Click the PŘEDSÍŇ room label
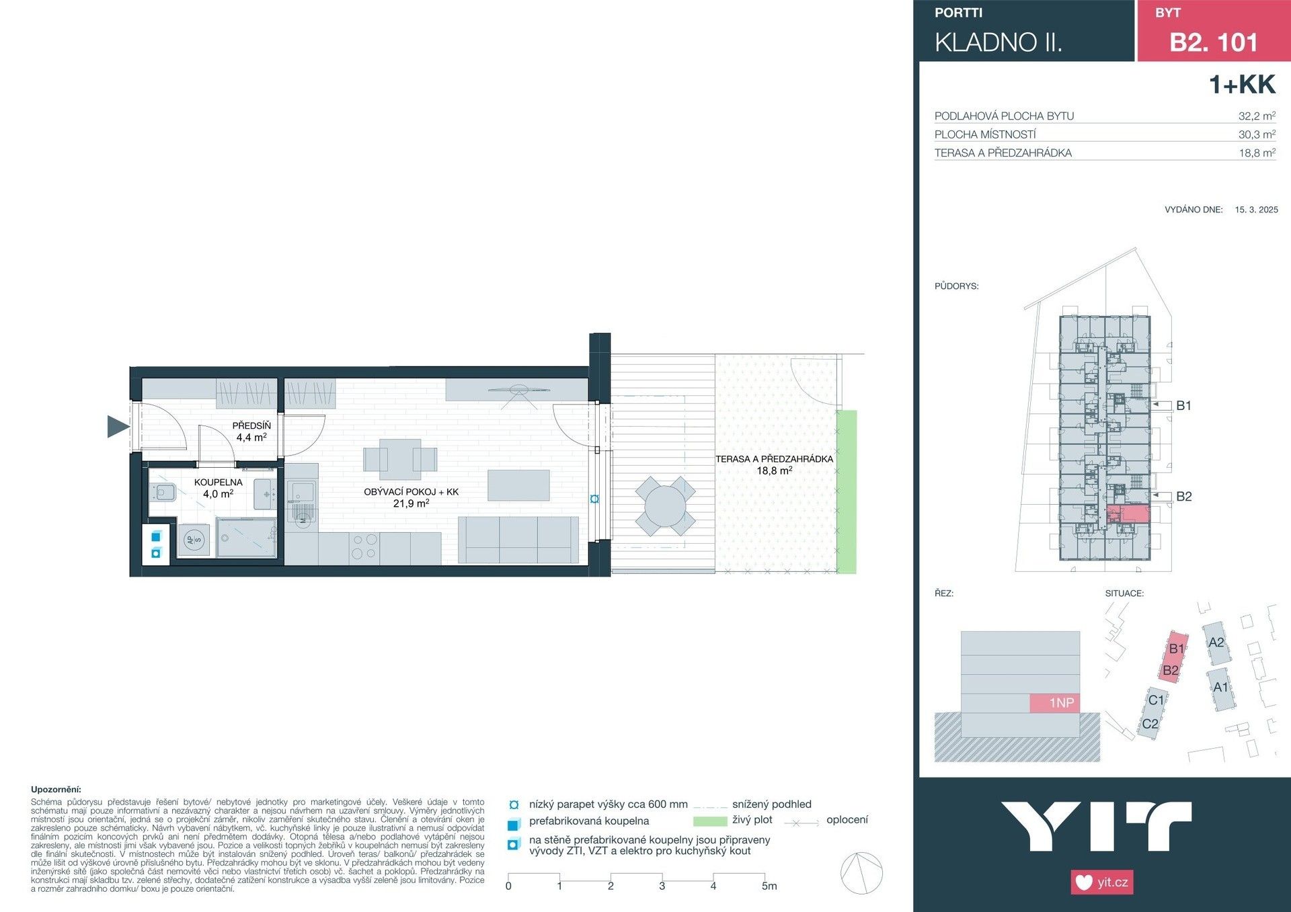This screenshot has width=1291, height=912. (x=251, y=425)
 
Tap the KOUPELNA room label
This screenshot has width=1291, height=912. (x=218, y=483)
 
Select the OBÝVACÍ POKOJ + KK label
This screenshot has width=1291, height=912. (x=411, y=492)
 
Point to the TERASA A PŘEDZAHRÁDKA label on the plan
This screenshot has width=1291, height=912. (x=774, y=459)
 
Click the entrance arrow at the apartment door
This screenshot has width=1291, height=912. (x=118, y=426)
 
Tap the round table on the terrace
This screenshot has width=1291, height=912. (x=664, y=506)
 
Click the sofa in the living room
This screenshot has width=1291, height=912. (x=518, y=539)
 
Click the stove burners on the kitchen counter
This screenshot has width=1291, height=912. (x=364, y=546)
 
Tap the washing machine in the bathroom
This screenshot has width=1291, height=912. (x=194, y=540)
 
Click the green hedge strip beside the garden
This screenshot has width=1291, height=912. (x=847, y=491)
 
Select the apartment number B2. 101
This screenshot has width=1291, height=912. (x=1213, y=42)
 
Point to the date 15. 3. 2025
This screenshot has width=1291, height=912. (x=1256, y=210)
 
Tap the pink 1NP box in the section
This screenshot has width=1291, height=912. (x=1054, y=703)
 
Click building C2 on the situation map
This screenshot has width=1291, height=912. (x=1150, y=724)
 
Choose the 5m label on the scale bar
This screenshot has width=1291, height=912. (x=769, y=886)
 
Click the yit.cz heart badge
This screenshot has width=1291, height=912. (x=1101, y=882)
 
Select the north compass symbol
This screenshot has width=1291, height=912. (x=861, y=873)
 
